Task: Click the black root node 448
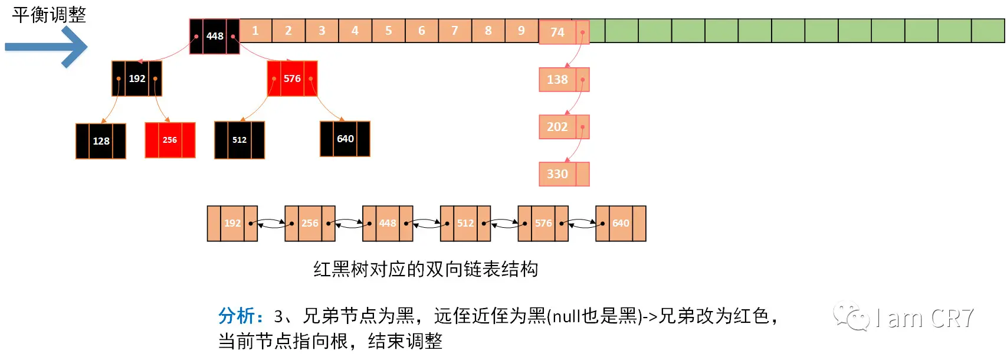pyautogui.click(x=214, y=36)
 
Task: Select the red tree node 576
pyautogui.click(x=292, y=78)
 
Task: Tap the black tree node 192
pyautogui.click(x=137, y=78)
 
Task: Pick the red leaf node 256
pyautogui.click(x=170, y=140)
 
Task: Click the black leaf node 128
pyautogui.click(x=101, y=141)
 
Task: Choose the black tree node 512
pyautogui.click(x=240, y=140)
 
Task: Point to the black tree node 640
pyautogui.click(x=345, y=139)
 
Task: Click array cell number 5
pyautogui.click(x=388, y=31)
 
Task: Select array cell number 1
pyautogui.click(x=255, y=31)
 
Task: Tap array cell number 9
pyautogui.click(x=521, y=31)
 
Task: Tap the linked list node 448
pyautogui.click(x=388, y=223)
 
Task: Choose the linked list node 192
pyautogui.click(x=232, y=223)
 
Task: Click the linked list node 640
pyautogui.click(x=621, y=223)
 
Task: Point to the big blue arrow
pyautogui.click(x=47, y=47)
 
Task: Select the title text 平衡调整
pyautogui.click(x=49, y=15)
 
